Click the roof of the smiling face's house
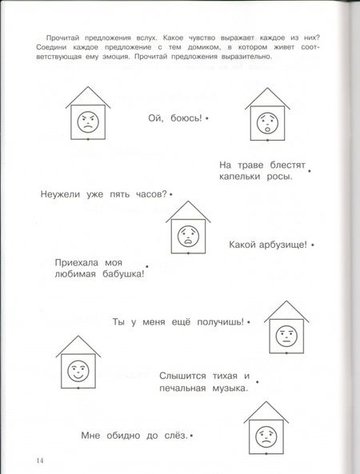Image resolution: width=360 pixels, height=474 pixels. pos(77,345)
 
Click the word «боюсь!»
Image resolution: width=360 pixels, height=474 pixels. pos(186,118)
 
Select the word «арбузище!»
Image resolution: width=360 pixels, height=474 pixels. pos(278,245)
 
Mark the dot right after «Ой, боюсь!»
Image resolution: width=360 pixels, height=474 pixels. pos(206,118)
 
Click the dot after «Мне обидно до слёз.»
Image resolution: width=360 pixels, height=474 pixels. pos(193,435)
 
